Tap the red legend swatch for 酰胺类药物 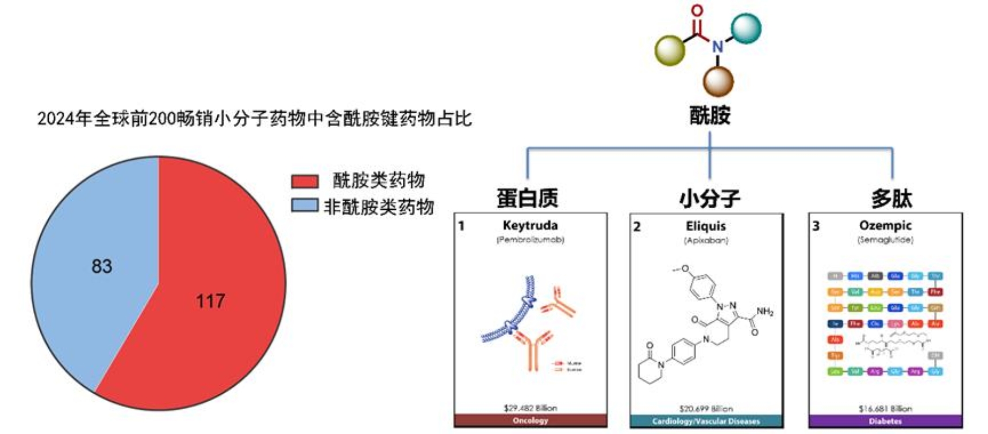tap(305, 182)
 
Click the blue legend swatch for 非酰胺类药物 tap(305, 206)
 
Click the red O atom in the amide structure tap(697, 10)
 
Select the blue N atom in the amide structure tap(717, 46)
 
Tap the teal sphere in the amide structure tap(746, 28)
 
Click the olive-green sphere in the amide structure tap(670, 50)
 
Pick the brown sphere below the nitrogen tap(718, 81)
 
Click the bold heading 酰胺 tap(710, 116)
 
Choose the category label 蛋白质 tap(527, 198)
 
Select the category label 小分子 tap(709, 199)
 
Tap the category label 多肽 tap(891, 199)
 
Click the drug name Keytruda tap(530, 225)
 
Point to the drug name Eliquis tap(706, 226)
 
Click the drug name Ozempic tap(885, 225)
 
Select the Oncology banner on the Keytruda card tap(530, 420)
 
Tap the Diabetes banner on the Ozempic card tap(885, 421)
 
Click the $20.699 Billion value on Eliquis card tap(706, 409)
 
